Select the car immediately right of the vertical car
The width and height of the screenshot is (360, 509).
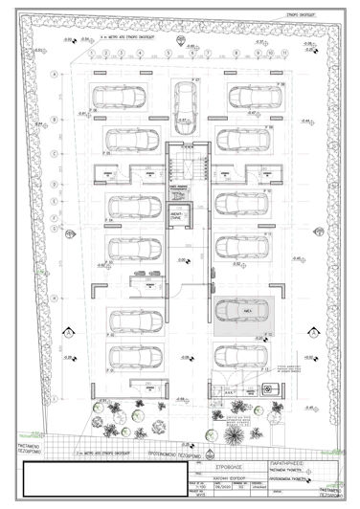244,96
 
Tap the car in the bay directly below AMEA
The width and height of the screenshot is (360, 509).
238,356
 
